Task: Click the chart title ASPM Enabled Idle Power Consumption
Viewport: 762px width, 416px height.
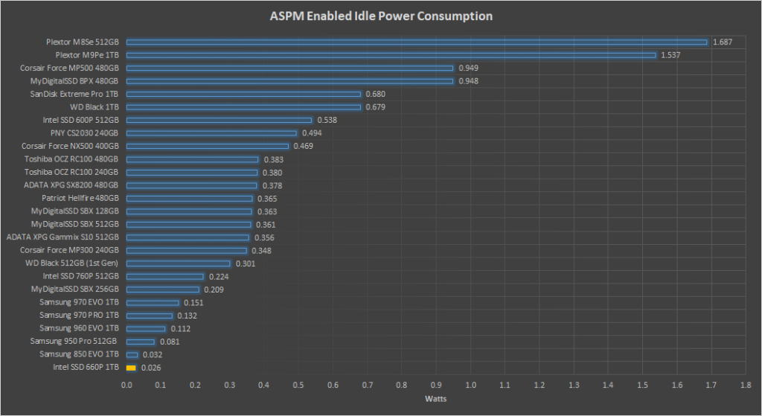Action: tap(380, 16)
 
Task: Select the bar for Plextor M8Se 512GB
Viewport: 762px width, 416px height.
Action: tap(417, 42)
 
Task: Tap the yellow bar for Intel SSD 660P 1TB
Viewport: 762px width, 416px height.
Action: tap(131, 368)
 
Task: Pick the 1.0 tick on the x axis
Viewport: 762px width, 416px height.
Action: tap(470, 385)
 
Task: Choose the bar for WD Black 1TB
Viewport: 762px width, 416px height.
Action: tap(243, 107)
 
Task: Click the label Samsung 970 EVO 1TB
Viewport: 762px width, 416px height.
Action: tap(79, 302)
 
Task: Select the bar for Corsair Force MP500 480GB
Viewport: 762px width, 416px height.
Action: tap(289, 68)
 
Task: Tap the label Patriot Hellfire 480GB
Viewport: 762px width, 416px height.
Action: tap(80, 198)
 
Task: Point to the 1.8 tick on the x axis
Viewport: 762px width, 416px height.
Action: tap(746, 385)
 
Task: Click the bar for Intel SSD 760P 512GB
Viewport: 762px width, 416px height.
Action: tap(165, 276)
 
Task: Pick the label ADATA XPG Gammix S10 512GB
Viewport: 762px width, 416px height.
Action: tap(63, 237)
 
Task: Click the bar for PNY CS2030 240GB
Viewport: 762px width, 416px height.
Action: tap(211, 133)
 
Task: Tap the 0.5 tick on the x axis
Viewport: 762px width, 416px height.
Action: tap(298, 385)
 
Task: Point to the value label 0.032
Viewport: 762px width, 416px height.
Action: tap(153, 355)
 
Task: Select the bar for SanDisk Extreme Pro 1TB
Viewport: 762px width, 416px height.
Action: tap(243, 94)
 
